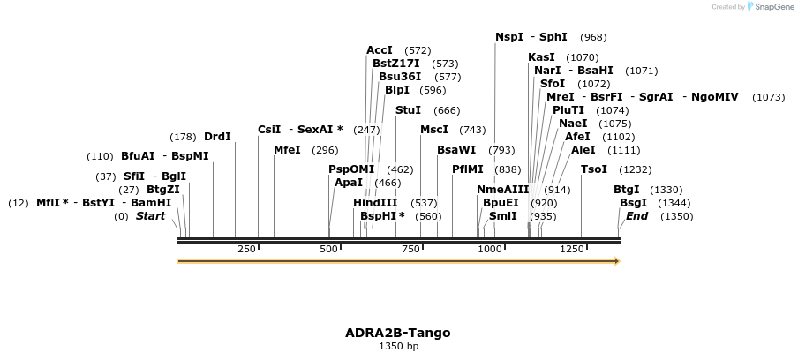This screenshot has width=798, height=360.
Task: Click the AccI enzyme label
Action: [380, 50]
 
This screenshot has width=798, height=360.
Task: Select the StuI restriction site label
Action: [408, 110]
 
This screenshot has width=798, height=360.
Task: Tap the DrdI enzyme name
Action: [217, 137]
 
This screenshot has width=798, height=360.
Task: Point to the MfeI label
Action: [287, 150]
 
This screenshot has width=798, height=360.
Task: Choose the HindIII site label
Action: [375, 203]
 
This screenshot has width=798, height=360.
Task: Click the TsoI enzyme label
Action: [593, 169]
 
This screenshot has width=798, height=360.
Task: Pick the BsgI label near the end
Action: [633, 203]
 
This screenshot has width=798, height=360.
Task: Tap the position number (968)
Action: [593, 37]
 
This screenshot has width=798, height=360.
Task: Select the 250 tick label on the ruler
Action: [246, 250]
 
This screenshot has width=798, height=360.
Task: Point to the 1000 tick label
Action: [490, 250]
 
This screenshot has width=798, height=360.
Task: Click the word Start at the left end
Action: [150, 216]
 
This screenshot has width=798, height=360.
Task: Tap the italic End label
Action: [636, 216]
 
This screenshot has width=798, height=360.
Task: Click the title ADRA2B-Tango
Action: [398, 333]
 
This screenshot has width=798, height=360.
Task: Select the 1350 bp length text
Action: [398, 347]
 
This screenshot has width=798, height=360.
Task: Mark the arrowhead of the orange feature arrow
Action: [617, 261]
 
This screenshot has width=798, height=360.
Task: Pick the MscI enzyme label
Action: [433, 130]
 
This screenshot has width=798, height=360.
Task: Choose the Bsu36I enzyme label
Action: [399, 77]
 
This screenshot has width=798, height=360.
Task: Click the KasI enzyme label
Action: [541, 57]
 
